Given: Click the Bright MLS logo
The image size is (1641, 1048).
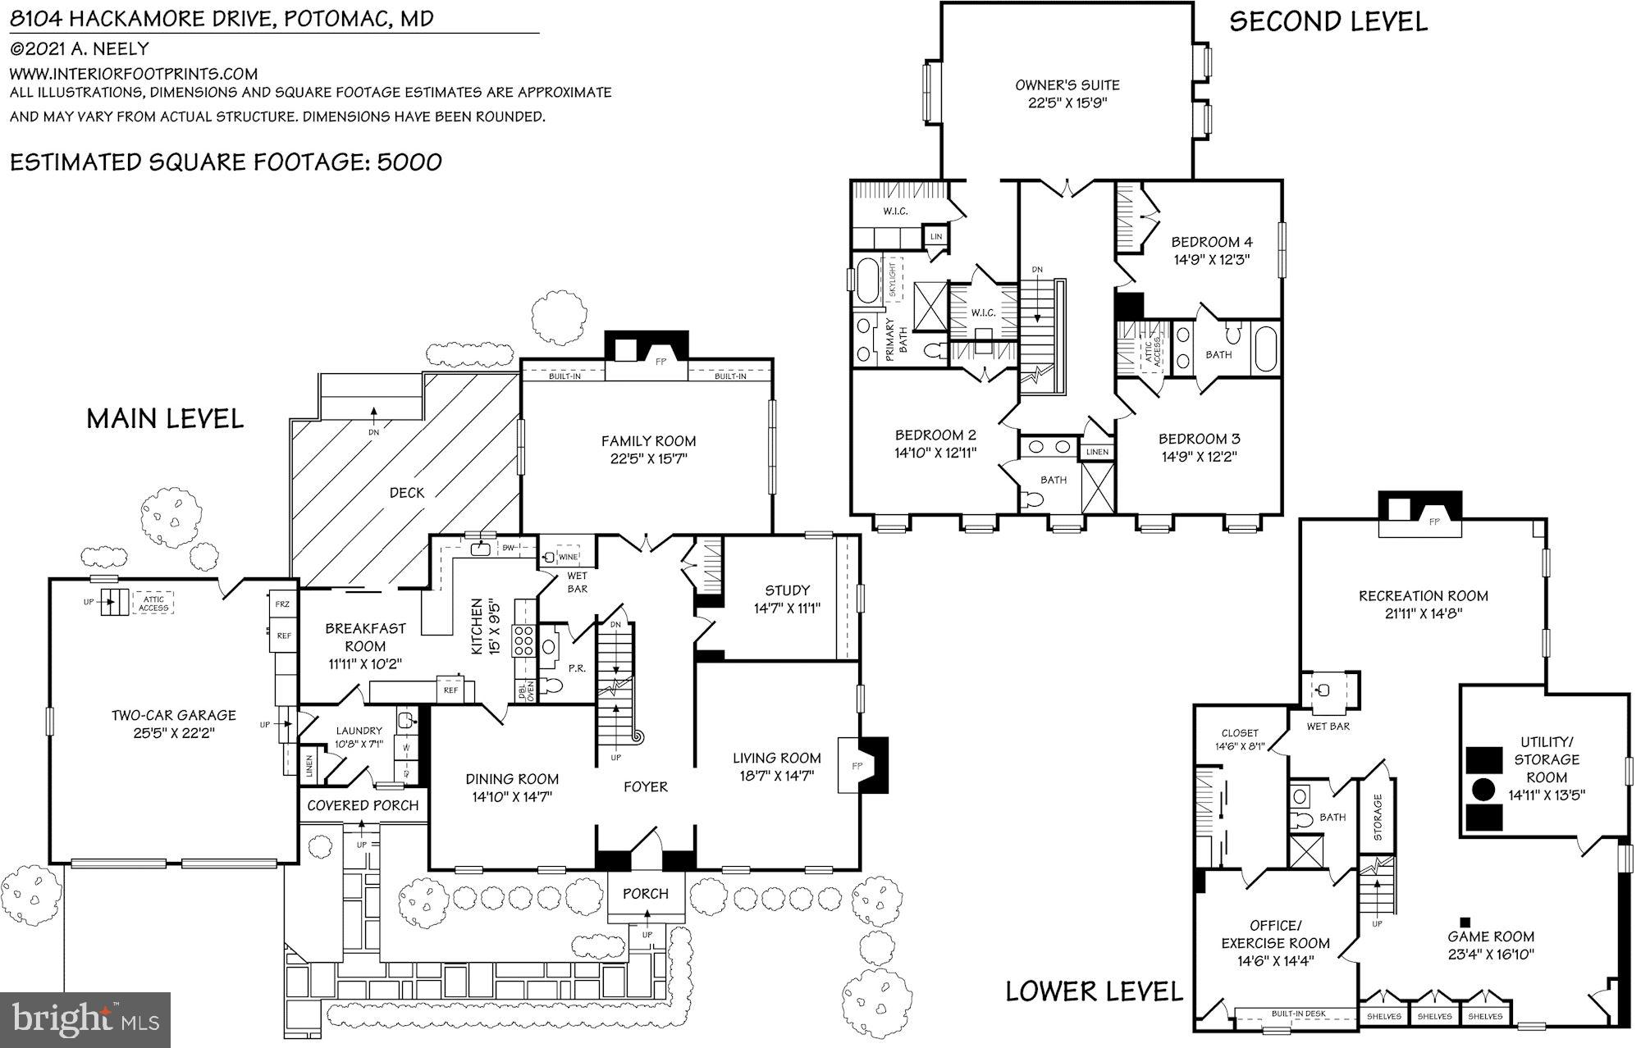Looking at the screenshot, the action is coord(85,1019).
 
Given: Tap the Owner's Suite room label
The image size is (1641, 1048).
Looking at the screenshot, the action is coord(1067,85).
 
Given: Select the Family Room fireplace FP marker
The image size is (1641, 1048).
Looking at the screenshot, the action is coord(660,362).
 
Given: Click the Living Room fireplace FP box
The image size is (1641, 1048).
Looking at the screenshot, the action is coord(856,764).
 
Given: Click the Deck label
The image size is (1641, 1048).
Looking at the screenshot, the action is coord(407,493).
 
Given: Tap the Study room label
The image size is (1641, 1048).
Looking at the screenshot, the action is coord(787,590).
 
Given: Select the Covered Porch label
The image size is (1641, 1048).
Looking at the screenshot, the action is coord(363,806).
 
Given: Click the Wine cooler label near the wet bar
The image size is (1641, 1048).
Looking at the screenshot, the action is coord(568,557).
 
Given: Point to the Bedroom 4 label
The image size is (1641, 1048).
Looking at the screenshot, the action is coord(1212,242).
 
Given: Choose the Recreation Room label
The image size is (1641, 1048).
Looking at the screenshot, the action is coord(1423,596).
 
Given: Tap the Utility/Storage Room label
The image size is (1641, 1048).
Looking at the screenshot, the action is coord(1547,759).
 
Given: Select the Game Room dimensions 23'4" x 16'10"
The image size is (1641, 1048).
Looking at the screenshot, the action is coord(1491,955).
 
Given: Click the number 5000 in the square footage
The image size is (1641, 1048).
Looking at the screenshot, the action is coord(409,162).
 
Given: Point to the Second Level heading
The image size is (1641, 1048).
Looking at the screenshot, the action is coord(1328,22).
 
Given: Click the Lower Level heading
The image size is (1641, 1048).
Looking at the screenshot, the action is coord(1095,991).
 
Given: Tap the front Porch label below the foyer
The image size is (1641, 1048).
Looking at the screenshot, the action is coord(646,894).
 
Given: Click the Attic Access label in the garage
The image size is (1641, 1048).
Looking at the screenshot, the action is coord(153,603).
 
